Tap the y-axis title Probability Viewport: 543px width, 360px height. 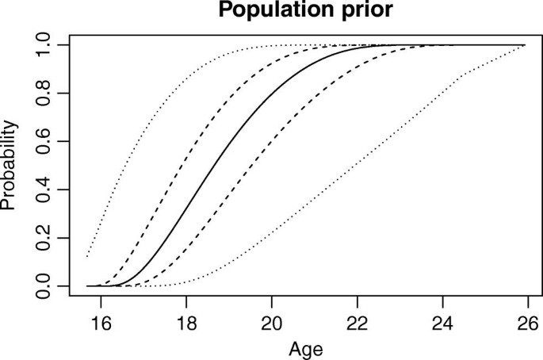10,166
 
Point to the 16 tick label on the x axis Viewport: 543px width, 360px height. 100,323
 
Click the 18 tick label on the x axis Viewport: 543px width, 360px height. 185,323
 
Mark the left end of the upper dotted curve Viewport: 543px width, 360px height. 87,256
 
